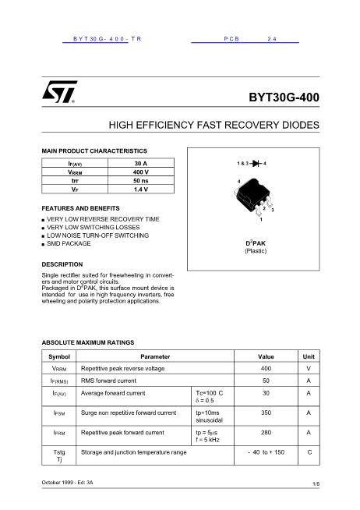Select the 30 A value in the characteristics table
140,162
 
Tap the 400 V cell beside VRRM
140,171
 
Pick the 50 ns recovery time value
140,180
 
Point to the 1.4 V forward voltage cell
140,189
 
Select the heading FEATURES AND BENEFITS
80,208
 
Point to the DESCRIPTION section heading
62,264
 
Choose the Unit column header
309,356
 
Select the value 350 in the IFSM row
266,413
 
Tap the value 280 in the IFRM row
266,432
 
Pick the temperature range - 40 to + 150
266,452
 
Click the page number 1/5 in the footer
316,484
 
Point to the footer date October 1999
58,483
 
